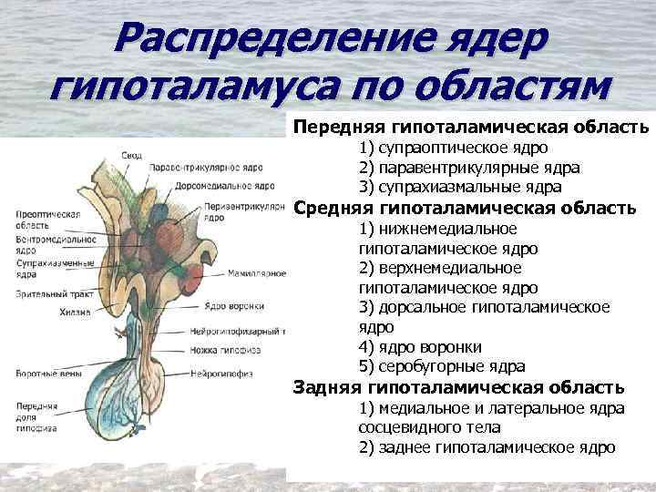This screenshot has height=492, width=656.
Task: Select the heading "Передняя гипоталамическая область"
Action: pyautogui.click(x=471, y=127)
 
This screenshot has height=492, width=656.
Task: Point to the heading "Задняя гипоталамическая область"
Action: pyautogui.click(x=458, y=387)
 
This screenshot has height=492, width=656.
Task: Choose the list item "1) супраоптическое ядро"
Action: pyautogui.click(x=453, y=148)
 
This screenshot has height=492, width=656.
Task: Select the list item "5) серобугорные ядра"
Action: pyautogui.click(x=442, y=367)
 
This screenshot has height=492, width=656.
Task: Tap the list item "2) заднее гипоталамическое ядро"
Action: pyautogui.click(x=487, y=447)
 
